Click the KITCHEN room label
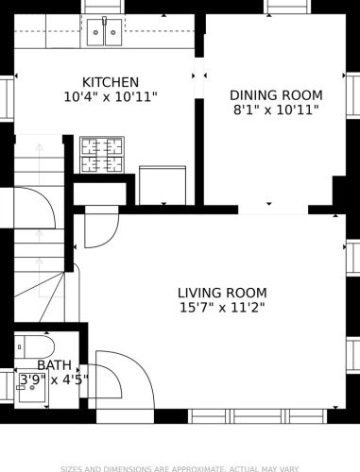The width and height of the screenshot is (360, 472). [111, 82]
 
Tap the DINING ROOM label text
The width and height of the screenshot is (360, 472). [276, 95]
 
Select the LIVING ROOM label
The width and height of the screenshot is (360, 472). [222, 293]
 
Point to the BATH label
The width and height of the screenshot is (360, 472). [54, 365]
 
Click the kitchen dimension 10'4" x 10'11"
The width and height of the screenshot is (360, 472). [111, 96]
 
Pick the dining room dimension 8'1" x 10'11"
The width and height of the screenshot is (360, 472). [276, 110]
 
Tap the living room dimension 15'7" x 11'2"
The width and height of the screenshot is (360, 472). [222, 307]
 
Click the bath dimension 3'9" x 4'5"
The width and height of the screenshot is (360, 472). [54, 379]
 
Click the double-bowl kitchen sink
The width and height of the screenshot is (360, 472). [105, 32]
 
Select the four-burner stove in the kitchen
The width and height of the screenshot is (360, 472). [102, 155]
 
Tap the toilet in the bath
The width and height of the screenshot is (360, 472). [34, 346]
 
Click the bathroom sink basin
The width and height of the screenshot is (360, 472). [32, 387]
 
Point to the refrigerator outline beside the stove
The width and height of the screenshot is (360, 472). [163, 185]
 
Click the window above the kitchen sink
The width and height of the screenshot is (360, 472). [103, 7]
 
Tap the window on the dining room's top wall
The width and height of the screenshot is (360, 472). [287, 7]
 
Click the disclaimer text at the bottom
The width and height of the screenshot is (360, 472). [180, 468]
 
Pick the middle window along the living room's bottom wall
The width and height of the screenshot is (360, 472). [258, 416]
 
